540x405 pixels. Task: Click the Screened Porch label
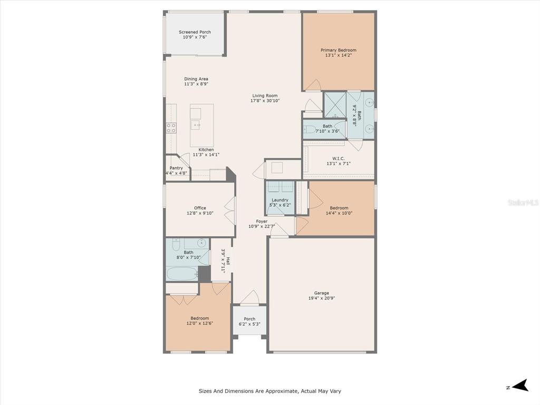point(195,32)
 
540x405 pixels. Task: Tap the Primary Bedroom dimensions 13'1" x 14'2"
point(338,55)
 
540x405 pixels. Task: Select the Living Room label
point(265,96)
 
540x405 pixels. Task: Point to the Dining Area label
point(196,79)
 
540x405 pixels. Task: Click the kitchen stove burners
point(171,128)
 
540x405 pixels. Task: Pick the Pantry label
point(176,168)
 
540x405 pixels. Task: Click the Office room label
point(200,208)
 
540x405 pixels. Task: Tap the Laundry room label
point(279,200)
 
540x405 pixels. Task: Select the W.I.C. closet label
point(338,159)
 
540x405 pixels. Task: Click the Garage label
point(321,293)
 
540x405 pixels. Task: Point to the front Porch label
point(249,319)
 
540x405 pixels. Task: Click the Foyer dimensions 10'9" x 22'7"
point(262,227)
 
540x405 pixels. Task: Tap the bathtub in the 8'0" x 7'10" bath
point(182,274)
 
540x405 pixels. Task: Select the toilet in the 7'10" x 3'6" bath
point(310,130)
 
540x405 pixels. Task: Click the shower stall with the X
point(335,105)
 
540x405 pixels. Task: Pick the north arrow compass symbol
point(520,385)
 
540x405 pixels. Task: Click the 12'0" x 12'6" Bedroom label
point(200,318)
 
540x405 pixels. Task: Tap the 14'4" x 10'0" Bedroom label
point(339,208)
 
